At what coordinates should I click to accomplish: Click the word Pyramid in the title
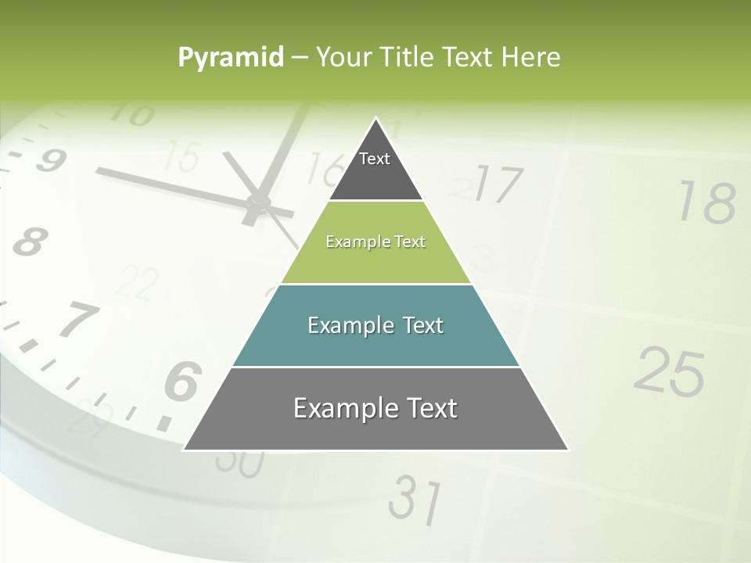click(231, 58)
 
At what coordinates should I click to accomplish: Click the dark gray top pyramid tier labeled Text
click(375, 168)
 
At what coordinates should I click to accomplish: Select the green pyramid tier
click(375, 242)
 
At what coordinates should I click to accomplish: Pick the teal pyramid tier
click(375, 325)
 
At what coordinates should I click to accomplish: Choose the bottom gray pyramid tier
click(375, 408)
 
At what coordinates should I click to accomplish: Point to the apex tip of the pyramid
click(376, 120)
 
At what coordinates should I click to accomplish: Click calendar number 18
click(706, 203)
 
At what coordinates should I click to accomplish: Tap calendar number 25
click(669, 371)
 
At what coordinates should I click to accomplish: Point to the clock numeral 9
click(49, 160)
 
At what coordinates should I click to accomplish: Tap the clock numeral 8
click(29, 242)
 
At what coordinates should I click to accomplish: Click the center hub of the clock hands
click(257, 205)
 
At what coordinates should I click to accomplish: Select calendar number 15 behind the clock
click(182, 157)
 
